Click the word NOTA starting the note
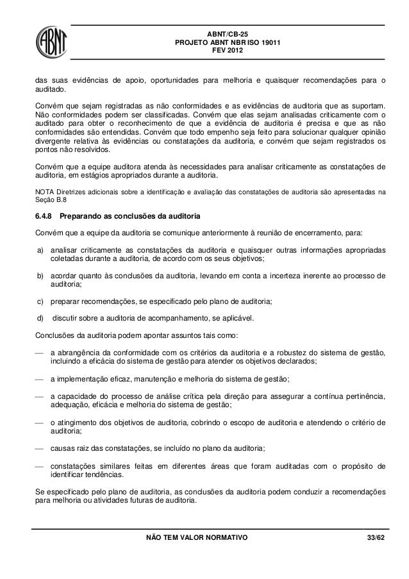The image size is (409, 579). point(44,191)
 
